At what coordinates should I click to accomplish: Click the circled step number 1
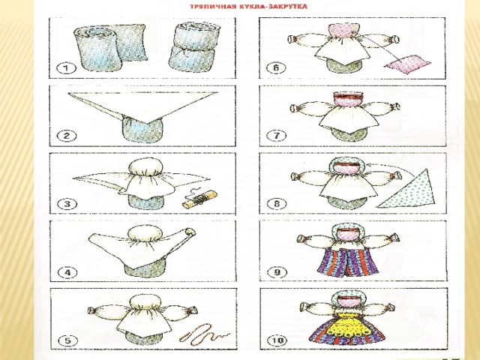[x=67, y=67]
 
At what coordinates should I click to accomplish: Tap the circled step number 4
[x=67, y=272]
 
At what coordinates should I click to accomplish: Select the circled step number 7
[x=277, y=135]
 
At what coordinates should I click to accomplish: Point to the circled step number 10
[x=277, y=340]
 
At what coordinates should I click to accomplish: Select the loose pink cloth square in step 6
[x=407, y=64]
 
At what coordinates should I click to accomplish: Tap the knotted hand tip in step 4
[x=190, y=232]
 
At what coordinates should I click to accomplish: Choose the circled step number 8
[x=277, y=204]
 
